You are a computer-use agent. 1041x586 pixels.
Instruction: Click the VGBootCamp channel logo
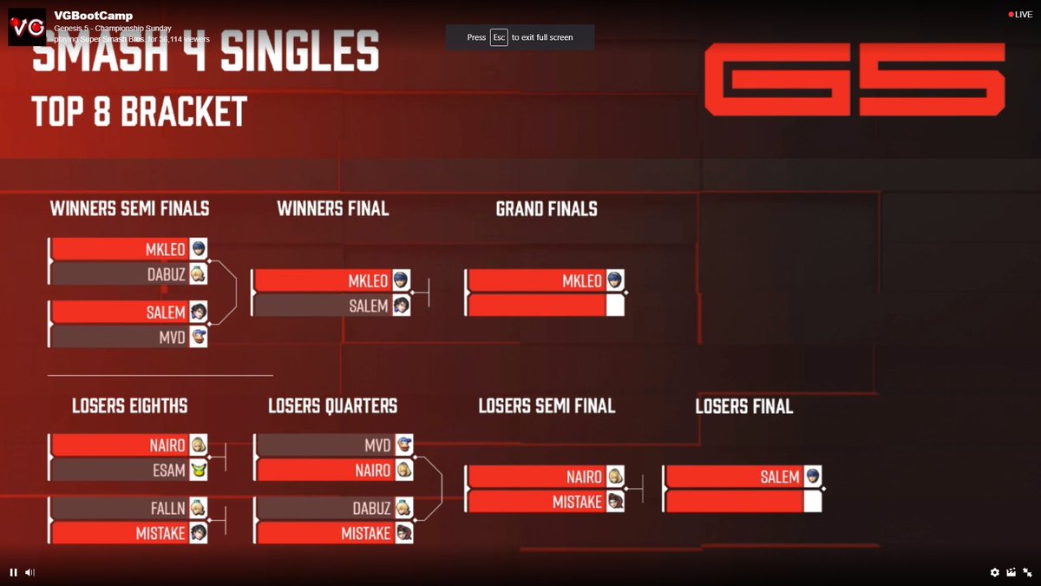click(27, 27)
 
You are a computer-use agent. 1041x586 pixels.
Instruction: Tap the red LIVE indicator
click(1020, 15)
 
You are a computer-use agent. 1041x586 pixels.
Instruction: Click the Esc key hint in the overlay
click(499, 37)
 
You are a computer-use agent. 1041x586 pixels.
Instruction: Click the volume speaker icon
click(29, 572)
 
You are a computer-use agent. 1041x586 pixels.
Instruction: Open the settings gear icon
click(995, 572)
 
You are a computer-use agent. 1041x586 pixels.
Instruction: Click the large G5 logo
click(854, 80)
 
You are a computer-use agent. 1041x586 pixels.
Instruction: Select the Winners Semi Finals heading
click(129, 209)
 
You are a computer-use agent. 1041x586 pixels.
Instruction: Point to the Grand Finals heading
click(547, 209)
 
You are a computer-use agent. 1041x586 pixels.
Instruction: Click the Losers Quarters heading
click(332, 406)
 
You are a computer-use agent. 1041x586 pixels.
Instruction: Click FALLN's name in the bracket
click(167, 508)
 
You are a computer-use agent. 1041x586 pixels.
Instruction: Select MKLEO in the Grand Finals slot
click(581, 281)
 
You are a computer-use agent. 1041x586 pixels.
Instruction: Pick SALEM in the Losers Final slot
click(779, 477)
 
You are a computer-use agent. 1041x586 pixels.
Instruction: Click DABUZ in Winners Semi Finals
click(166, 274)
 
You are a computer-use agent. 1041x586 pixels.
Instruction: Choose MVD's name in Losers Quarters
click(377, 445)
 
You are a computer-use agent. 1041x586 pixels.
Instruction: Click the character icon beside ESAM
click(199, 471)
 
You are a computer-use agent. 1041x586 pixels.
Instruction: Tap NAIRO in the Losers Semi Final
click(583, 477)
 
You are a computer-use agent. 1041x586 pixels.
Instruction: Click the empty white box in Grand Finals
click(614, 306)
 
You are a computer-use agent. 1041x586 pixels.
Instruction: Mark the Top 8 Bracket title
click(140, 113)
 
